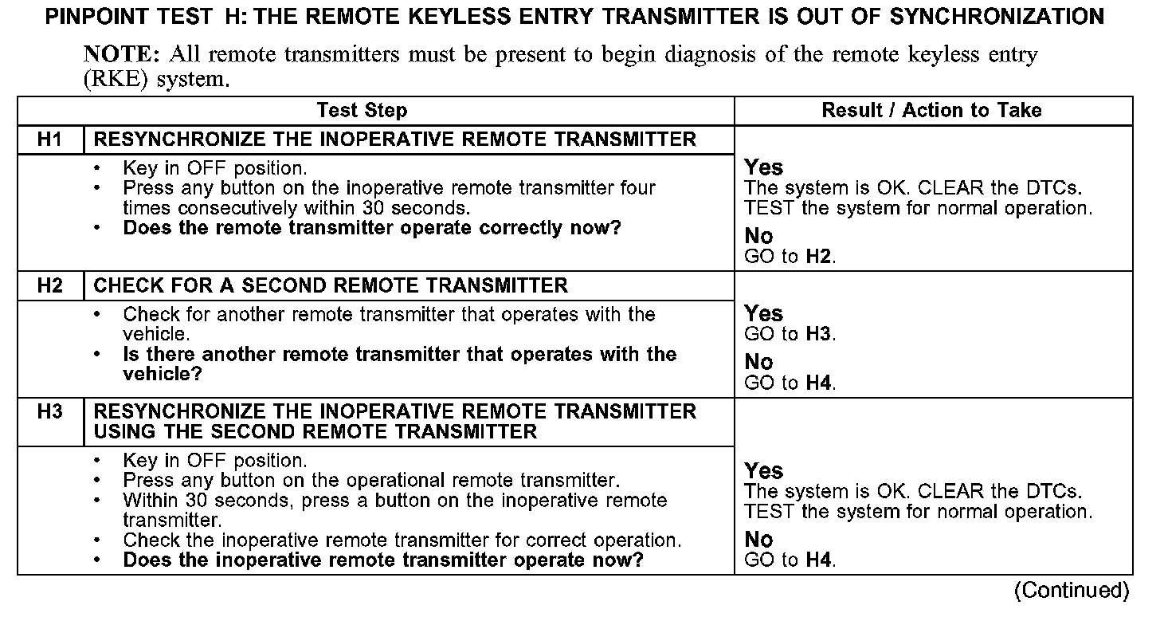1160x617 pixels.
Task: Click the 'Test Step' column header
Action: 362,111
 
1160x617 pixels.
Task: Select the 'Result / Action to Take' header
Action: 931,111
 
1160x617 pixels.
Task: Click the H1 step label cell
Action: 50,140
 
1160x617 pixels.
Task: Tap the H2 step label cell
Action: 50,285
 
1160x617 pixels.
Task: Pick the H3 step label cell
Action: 50,412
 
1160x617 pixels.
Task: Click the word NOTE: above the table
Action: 121,55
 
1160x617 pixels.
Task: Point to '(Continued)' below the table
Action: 1071,591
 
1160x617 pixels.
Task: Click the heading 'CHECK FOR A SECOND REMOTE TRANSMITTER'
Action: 331,285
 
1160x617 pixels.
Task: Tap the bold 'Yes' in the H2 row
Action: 763,313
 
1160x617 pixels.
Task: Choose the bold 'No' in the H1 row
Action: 758,236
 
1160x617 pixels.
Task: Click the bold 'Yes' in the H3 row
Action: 763,470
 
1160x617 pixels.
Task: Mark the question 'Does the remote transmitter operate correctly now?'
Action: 371,228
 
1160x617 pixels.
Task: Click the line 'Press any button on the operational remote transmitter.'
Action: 371,481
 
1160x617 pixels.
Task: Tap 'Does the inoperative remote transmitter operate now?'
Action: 382,560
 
